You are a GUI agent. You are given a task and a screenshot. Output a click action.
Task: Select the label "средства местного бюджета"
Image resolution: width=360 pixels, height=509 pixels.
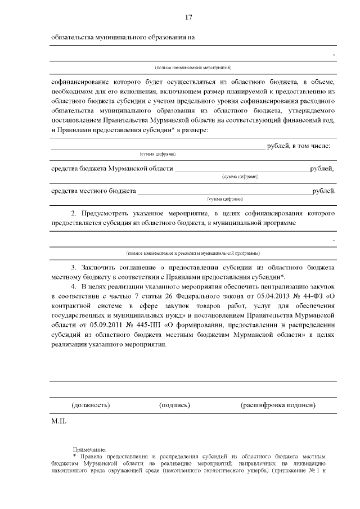pyautogui.click(x=93, y=191)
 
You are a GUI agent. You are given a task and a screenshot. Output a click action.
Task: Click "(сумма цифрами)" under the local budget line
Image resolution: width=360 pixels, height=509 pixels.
pyautogui.click(x=225, y=199)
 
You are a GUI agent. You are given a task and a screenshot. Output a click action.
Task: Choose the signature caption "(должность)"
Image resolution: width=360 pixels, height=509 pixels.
pyautogui.click(x=91, y=404)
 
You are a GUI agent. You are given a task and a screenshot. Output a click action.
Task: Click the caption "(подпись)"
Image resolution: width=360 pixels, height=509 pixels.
pyautogui.click(x=174, y=404)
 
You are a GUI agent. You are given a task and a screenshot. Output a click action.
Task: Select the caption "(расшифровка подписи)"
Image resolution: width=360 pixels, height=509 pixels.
pyautogui.click(x=278, y=404)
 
